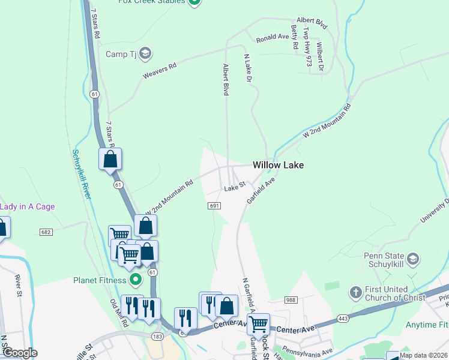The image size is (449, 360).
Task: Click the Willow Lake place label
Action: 278,164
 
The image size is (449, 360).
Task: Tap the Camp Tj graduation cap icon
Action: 145,54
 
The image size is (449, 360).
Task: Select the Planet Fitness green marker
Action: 136,280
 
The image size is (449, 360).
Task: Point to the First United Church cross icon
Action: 355,292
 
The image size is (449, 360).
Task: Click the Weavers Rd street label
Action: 159,71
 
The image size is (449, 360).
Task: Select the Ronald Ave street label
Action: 273,38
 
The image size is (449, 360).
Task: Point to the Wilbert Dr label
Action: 319,57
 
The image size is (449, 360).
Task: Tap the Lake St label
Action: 235,188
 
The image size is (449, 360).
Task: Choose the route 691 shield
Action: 215,206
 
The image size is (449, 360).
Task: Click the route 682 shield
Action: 46,232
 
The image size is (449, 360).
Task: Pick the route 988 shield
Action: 291,299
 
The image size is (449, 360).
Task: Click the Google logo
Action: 20,353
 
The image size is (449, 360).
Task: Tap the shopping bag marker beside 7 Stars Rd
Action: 110,160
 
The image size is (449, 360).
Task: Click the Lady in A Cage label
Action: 27,207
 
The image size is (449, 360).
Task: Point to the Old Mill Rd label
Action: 119,313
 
